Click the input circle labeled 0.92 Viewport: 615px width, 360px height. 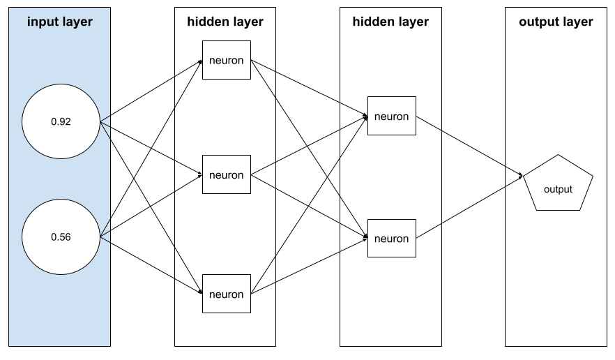(61, 122)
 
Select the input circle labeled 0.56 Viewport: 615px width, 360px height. (61, 237)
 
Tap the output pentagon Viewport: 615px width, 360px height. (558, 184)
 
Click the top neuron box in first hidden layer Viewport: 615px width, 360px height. (226, 60)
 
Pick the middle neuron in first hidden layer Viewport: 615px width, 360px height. (226, 174)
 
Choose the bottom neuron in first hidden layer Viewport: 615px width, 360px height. (226, 294)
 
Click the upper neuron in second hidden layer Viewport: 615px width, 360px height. (391, 116)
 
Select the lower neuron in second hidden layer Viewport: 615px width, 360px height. (391, 239)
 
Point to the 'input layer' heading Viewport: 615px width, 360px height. (60, 22)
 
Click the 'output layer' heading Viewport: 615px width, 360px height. (556, 22)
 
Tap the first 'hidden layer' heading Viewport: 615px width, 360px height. (225, 22)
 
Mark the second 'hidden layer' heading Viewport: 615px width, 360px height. (390, 22)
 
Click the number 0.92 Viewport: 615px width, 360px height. (61, 122)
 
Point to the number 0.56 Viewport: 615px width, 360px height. (61, 237)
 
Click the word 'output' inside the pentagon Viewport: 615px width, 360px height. (558, 189)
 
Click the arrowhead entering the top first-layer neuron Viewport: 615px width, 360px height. (199, 60)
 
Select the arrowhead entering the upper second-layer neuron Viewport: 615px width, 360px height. (365, 117)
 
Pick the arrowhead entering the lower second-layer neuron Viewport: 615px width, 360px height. (365, 239)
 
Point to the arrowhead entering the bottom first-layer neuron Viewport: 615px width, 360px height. (199, 293)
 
